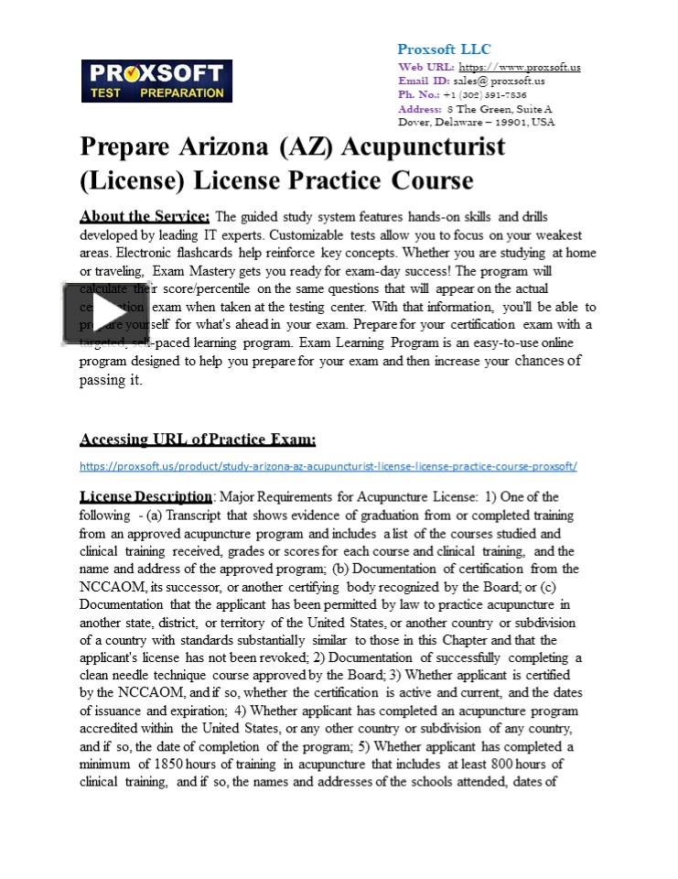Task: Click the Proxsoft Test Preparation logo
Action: (156, 81)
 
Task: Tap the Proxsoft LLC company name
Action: (444, 49)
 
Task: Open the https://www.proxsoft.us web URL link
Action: (519, 67)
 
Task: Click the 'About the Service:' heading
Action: (145, 217)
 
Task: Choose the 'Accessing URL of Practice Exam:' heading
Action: (198, 439)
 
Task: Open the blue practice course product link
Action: (328, 466)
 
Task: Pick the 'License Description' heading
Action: (145, 497)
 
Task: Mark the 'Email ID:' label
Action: (424, 81)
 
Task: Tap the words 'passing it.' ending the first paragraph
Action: (111, 379)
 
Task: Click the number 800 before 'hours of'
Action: (508, 764)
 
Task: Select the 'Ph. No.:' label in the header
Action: (419, 94)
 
